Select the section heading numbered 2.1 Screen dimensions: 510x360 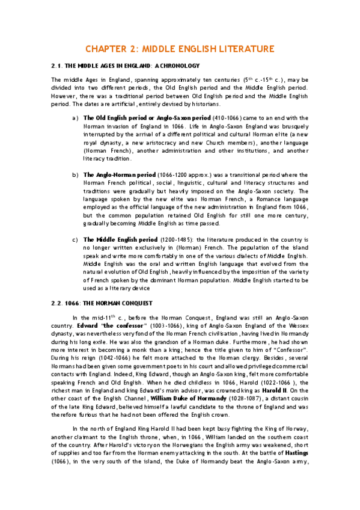125,65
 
